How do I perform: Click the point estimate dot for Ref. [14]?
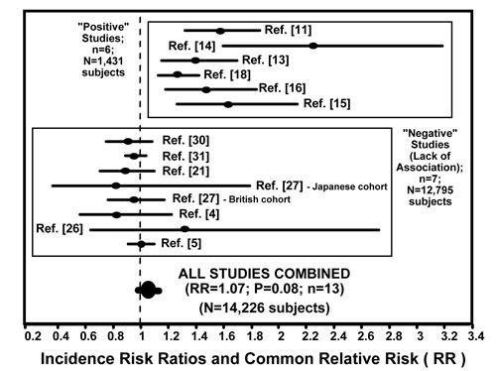[x=313, y=46]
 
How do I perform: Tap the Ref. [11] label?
[x=288, y=30]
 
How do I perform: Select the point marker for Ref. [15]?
[x=228, y=104]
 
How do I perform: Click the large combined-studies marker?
[x=149, y=290]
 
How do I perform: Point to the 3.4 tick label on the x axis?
[x=476, y=336]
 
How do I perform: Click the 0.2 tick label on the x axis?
[x=33, y=336]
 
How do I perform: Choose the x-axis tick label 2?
[x=281, y=336]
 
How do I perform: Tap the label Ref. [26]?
[x=60, y=228]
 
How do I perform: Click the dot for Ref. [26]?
[x=185, y=229]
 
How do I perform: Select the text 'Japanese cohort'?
[x=350, y=186]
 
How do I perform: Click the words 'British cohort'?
[x=260, y=199]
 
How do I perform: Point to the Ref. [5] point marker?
[x=141, y=244]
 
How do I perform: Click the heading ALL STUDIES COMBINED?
[x=264, y=274]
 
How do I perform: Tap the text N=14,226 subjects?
[x=264, y=308]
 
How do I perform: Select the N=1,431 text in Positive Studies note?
[x=103, y=61]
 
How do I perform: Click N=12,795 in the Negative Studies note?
[x=430, y=190]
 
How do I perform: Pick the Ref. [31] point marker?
[x=134, y=156]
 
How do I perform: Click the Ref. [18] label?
[x=227, y=74]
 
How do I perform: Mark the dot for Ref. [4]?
[x=116, y=214]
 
